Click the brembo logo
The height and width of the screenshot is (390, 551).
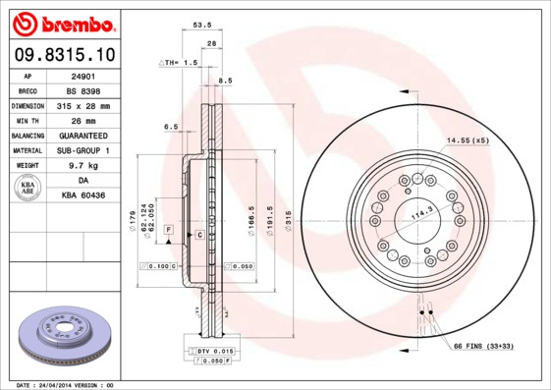pos(62,22)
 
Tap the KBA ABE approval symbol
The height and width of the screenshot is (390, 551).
pos(28,189)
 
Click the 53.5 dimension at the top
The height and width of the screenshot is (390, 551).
pos(202,27)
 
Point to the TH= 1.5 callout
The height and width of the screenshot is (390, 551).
pos(180,61)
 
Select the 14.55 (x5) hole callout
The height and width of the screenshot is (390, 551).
pos(468,140)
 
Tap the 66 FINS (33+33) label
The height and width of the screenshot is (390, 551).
pos(483,347)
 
